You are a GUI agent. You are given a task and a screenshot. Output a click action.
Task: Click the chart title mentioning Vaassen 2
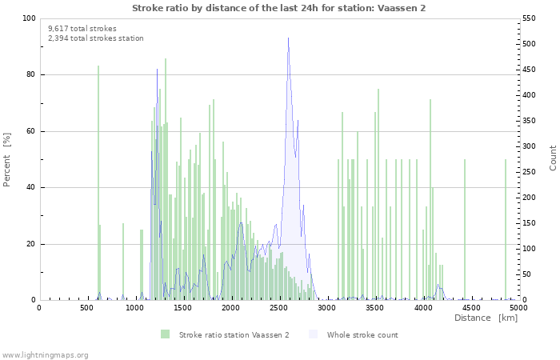[x=278, y=7]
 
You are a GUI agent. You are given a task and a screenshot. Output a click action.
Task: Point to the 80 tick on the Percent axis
[x=30, y=75]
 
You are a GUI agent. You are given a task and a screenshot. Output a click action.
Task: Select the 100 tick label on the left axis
[x=28, y=18]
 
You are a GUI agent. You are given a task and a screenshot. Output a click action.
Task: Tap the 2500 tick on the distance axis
[x=278, y=307]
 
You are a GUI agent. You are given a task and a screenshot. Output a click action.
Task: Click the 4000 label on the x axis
[x=422, y=307]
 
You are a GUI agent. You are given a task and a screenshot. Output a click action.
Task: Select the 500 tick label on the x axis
[x=86, y=307]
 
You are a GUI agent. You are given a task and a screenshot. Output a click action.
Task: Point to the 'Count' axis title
[x=553, y=158]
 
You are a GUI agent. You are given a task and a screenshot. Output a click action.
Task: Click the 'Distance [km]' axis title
[x=486, y=318]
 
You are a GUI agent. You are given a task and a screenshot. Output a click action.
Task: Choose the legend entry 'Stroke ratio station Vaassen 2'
[x=234, y=334]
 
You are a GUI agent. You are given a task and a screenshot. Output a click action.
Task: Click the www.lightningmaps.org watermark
[x=46, y=354]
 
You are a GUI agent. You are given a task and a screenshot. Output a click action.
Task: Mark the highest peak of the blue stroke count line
[x=288, y=38]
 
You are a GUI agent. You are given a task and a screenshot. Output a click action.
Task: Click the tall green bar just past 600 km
[x=98, y=184]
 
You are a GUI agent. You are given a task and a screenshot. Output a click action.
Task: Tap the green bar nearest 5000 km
[x=506, y=230]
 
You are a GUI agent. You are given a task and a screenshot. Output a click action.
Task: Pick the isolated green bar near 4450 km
[x=465, y=230]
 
